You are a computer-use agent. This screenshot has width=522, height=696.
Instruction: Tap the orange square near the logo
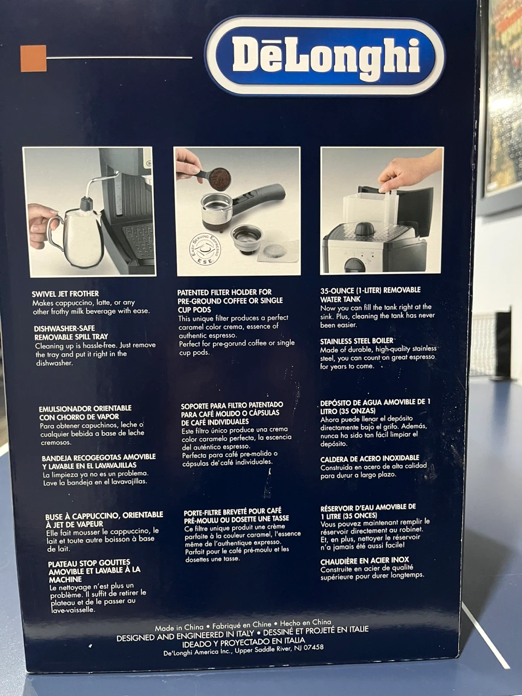33,58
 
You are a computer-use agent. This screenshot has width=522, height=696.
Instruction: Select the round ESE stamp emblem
205,250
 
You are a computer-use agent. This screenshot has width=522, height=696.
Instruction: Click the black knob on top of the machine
364,229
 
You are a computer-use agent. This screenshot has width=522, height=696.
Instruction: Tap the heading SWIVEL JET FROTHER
65,293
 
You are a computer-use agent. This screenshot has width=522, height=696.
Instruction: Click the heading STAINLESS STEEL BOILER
357,341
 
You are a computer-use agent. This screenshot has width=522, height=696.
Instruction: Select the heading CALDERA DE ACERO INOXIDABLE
370,459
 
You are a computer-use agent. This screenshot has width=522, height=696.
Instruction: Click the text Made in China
179,627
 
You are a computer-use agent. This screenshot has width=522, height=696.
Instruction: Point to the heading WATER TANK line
340,299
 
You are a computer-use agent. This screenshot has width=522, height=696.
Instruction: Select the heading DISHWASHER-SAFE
65,328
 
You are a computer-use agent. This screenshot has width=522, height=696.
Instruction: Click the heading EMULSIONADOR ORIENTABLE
85,408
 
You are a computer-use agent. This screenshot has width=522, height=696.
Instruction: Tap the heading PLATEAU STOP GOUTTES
89,563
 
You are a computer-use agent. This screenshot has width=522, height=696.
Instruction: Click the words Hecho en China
305,623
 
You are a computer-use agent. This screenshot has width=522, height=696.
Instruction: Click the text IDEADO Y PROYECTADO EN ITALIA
243,641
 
